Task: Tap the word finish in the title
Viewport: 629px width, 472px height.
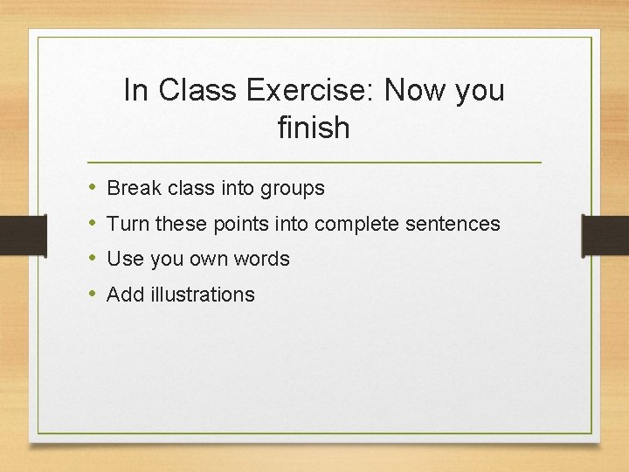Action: [314, 128]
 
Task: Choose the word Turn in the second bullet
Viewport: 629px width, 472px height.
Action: [128, 224]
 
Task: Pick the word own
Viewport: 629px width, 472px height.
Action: [202, 260]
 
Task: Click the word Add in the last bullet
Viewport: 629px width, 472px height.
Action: [125, 295]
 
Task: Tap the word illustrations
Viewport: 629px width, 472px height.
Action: [202, 295]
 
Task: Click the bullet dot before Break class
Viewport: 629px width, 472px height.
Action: [93, 188]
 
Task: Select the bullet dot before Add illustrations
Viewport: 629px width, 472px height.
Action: [93, 295]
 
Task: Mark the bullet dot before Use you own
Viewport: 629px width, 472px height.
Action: [93, 259]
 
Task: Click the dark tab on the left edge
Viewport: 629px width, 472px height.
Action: [23, 233]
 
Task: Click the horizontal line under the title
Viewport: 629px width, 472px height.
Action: [314, 163]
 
